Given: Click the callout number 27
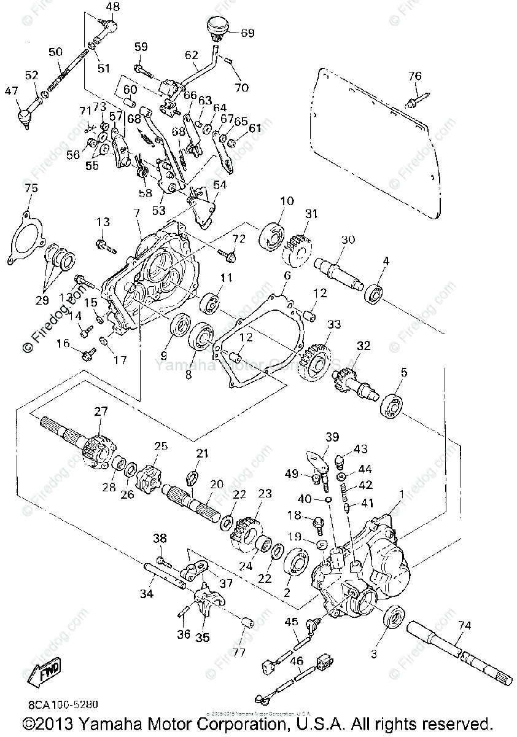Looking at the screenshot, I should click(101, 411).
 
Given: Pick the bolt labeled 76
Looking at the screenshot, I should click(417, 98).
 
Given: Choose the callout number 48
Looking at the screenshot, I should click(113, 7).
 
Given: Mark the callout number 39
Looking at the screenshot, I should click(332, 437).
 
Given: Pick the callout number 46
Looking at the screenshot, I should click(297, 661).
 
